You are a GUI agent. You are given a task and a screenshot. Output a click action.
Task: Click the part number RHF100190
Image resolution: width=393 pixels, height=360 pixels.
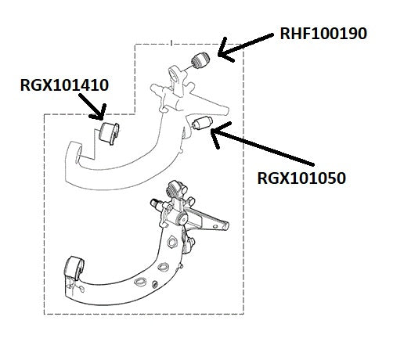coord(323,34)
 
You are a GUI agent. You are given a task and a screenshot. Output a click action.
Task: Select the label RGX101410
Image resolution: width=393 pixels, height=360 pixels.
coord(64,85)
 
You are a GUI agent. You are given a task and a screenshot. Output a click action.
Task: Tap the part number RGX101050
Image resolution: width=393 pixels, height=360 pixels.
coord(301,178)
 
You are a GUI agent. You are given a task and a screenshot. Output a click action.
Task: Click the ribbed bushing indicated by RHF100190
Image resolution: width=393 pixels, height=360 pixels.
coord(200,60)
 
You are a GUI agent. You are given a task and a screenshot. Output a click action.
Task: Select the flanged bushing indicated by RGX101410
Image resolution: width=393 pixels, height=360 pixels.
coord(110,133)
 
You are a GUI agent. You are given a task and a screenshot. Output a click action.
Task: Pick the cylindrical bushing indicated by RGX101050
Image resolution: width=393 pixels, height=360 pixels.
coord(202,123)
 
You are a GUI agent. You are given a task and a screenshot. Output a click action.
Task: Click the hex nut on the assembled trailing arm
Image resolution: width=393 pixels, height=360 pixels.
coord(172,241)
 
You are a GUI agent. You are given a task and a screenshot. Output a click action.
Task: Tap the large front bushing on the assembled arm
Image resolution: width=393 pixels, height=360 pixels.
coord(74,268)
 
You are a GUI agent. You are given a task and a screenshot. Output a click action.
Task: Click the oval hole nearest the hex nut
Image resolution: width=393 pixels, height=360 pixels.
coord(163,266)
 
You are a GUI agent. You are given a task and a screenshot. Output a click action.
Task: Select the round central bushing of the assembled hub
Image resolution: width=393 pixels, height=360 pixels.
coord(182,218)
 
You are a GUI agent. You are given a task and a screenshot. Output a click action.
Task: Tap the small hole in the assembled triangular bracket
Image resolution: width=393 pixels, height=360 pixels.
coord(215,227)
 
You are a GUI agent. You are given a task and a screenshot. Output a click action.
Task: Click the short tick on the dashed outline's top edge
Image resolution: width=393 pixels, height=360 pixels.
coord(171,43)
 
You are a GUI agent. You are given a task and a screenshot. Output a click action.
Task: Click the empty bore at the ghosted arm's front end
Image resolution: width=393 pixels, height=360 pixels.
coord(79,155)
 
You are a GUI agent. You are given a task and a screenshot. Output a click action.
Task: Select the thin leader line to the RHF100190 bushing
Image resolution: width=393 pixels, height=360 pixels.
coord(187,68)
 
